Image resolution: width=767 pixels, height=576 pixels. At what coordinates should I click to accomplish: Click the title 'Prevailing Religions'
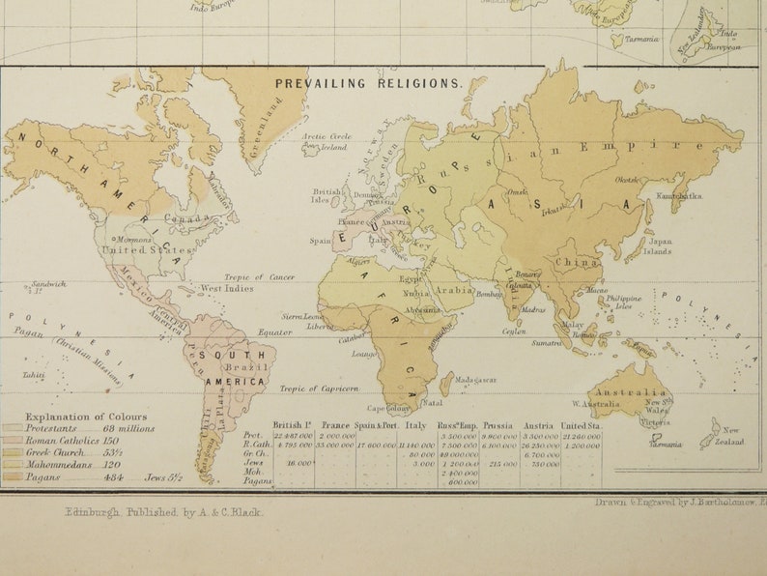[x=369, y=83]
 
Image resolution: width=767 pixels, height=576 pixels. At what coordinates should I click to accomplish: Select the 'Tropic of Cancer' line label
[x=259, y=277]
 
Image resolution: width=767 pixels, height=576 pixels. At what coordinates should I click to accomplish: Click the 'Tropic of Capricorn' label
[x=318, y=389]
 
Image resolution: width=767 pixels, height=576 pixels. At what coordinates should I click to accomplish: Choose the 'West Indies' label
[x=226, y=289]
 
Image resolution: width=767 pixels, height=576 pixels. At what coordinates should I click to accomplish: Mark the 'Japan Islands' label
[x=658, y=246]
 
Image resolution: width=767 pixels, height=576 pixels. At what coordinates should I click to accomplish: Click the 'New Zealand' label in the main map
[x=733, y=436]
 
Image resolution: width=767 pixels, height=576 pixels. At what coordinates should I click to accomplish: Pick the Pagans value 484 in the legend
[x=115, y=477]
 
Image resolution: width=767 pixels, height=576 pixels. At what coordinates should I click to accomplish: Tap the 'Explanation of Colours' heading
[x=73, y=417]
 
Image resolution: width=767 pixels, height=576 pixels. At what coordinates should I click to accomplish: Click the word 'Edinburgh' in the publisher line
[x=93, y=513]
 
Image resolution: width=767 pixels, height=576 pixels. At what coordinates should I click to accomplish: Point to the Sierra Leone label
[x=301, y=316]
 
